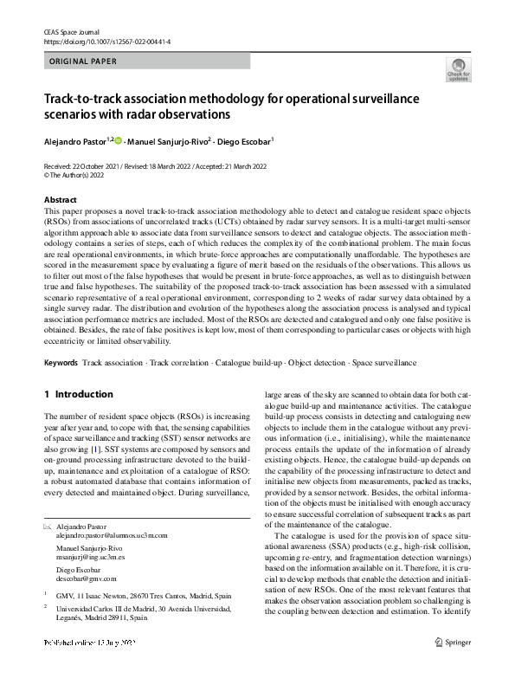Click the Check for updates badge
(458, 71)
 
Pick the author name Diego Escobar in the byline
(244, 140)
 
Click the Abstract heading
(61, 200)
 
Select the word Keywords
(61, 360)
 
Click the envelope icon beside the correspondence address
(48, 527)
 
